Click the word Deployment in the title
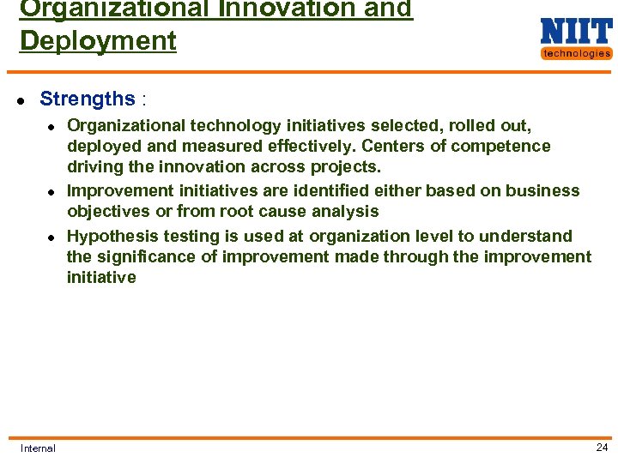click(x=98, y=40)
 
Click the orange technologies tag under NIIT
click(x=576, y=53)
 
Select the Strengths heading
click(x=88, y=99)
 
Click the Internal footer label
click(x=38, y=448)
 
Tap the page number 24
click(x=602, y=447)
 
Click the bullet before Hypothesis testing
click(x=51, y=237)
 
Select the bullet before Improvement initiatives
click(x=51, y=192)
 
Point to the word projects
click(x=348, y=166)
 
